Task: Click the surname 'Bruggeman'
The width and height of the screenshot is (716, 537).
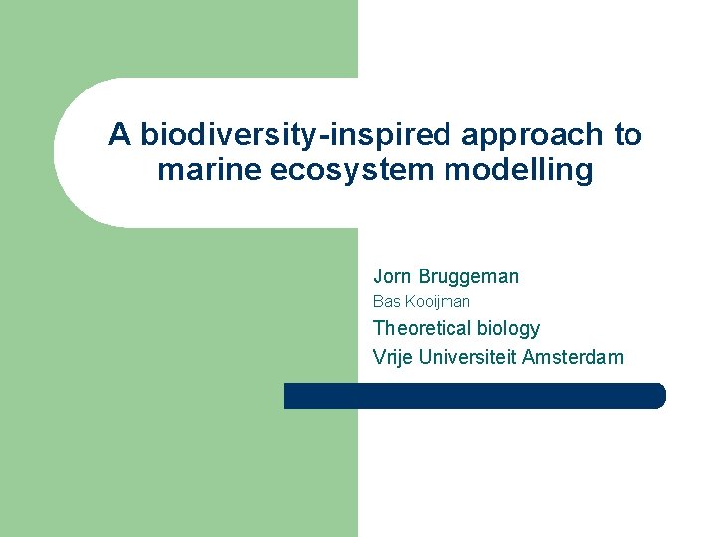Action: (x=469, y=276)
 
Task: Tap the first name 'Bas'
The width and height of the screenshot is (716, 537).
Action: (x=385, y=301)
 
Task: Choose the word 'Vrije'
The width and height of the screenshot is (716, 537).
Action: (x=393, y=356)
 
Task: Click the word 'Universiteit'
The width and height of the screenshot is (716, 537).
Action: (x=465, y=356)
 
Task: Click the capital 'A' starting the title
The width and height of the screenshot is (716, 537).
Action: (x=119, y=135)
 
